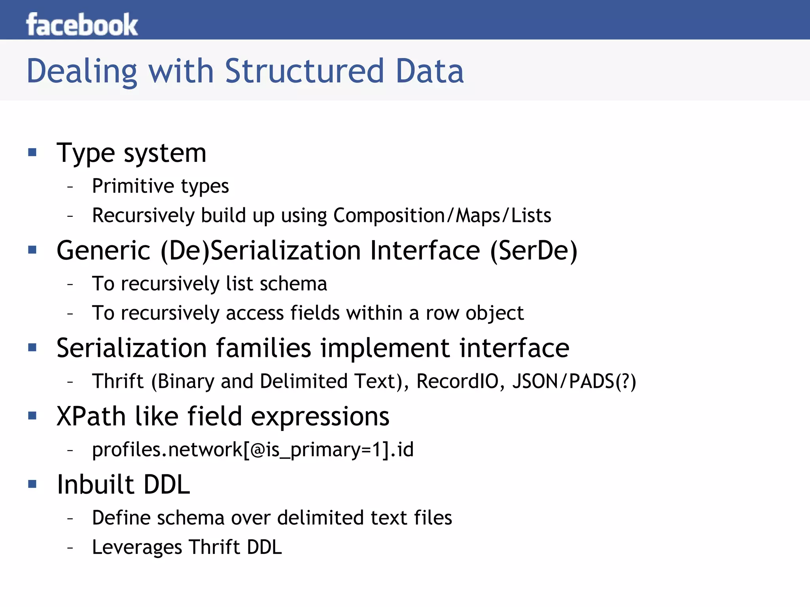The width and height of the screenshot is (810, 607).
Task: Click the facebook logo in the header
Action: [x=82, y=25]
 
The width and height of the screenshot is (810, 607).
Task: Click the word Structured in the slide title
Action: [x=305, y=71]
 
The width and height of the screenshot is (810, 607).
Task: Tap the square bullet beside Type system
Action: [x=32, y=152]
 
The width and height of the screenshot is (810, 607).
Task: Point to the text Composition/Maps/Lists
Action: [x=442, y=216]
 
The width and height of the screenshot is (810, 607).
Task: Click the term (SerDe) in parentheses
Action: [x=534, y=251]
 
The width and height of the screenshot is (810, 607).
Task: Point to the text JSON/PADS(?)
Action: [x=574, y=381]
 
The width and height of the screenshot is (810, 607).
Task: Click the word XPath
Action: [x=91, y=416]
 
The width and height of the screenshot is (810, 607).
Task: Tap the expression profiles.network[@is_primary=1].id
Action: [x=253, y=450]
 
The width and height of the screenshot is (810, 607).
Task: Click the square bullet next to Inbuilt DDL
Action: [x=32, y=484]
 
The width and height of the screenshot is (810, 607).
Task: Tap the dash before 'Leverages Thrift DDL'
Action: [x=70, y=548]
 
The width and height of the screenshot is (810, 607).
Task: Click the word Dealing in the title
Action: [x=81, y=71]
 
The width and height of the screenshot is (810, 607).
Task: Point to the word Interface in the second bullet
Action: [x=425, y=251]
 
